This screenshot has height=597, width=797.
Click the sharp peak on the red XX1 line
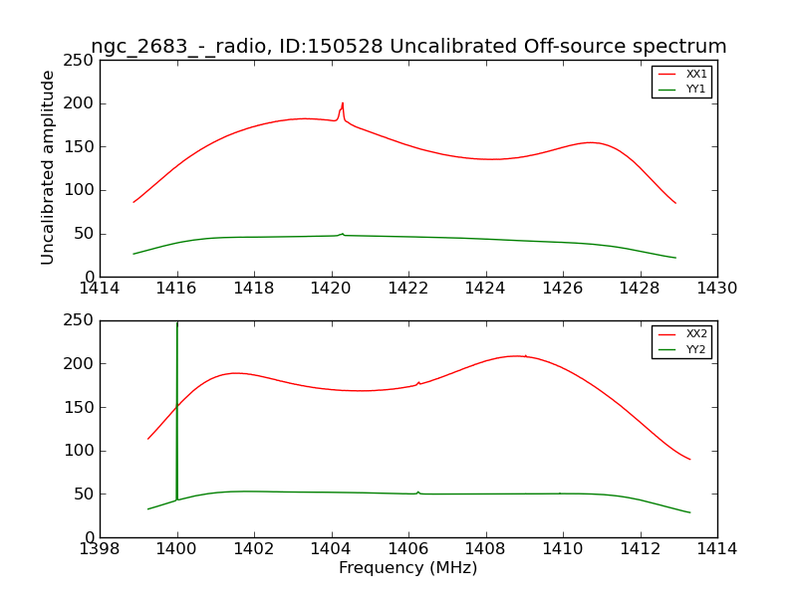[x=342, y=103]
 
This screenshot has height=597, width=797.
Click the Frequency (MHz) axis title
[x=408, y=568]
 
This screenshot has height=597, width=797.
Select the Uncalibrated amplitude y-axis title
[x=49, y=167]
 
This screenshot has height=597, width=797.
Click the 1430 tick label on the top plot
[x=717, y=289]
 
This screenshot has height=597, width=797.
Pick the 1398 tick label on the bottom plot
[x=100, y=549]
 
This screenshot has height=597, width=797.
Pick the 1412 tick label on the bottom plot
[x=641, y=549]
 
